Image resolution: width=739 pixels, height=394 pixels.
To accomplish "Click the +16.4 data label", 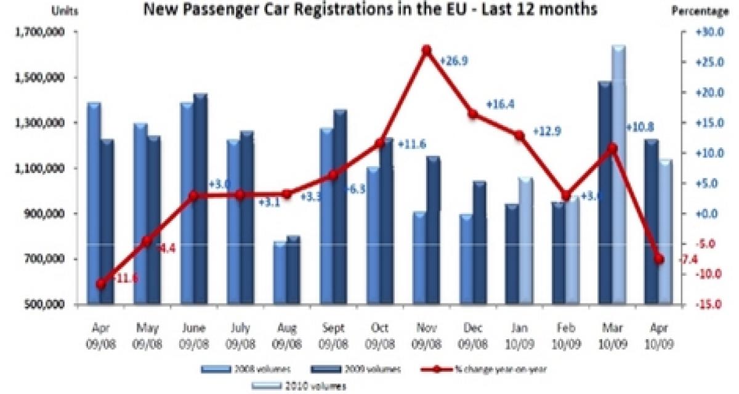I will click(x=499, y=105).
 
